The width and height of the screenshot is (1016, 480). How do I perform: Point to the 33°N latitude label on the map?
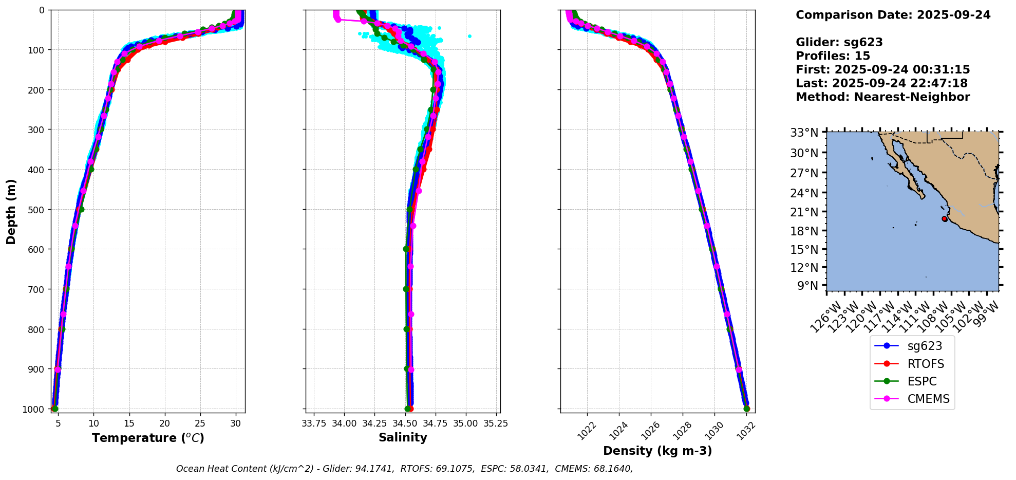point(804,133)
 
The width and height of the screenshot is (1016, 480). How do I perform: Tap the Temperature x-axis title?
point(148,438)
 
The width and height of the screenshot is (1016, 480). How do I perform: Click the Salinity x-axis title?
point(403,438)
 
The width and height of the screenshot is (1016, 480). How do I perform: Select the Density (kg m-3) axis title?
point(657,451)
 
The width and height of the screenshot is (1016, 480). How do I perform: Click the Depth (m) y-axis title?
point(11,212)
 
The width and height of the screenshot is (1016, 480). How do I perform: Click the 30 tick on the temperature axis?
point(236,423)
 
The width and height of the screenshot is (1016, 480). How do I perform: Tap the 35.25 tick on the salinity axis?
point(496,423)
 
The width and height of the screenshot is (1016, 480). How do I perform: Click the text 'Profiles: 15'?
point(833,56)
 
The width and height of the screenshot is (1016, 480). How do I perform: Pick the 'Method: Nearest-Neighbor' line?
point(882,97)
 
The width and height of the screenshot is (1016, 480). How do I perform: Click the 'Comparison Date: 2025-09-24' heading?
point(893,15)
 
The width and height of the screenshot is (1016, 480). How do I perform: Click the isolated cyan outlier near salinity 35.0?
point(469,36)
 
